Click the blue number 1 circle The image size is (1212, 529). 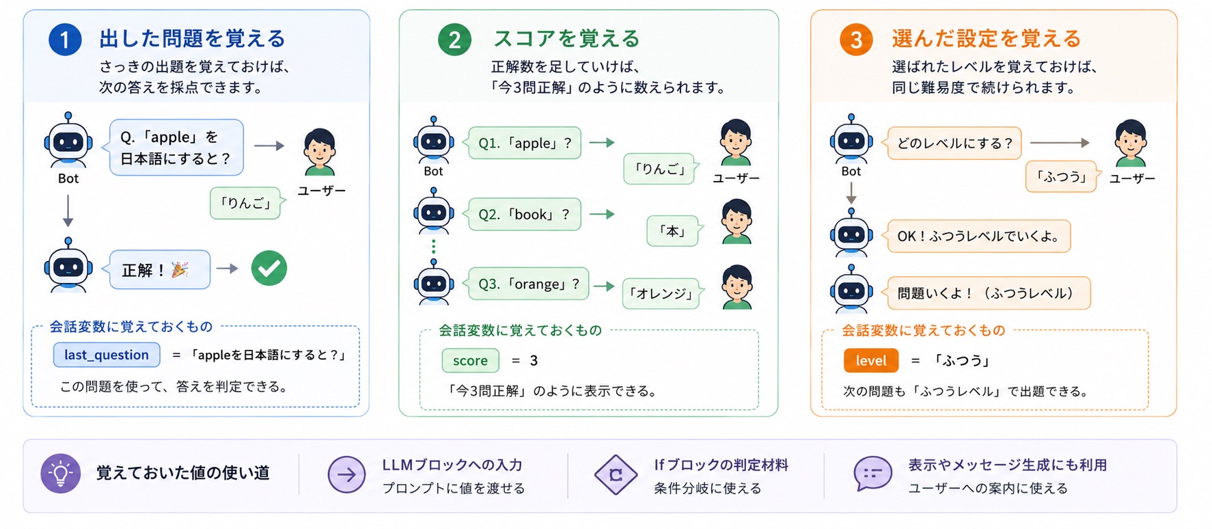pyautogui.click(x=65, y=40)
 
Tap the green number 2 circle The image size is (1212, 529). pyautogui.click(x=454, y=40)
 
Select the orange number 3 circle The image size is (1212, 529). pyautogui.click(x=856, y=40)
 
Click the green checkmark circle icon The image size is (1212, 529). pyautogui.click(x=269, y=269)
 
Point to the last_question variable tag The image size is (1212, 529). pyautogui.click(x=107, y=355)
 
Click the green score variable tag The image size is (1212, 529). pyautogui.click(x=470, y=360)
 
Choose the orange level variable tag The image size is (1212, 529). pyautogui.click(x=871, y=360)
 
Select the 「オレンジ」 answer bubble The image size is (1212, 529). pyautogui.click(x=663, y=293)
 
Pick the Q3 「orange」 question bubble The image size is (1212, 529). pyautogui.click(x=526, y=284)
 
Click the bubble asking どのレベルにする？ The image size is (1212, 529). pyautogui.click(x=952, y=143)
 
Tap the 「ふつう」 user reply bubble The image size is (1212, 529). pyautogui.click(x=1062, y=176)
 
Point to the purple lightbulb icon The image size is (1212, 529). pyautogui.click(x=61, y=474)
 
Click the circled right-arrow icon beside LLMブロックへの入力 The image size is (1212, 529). pyautogui.click(x=346, y=474)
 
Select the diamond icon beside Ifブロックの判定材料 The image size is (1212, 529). pyautogui.click(x=616, y=474)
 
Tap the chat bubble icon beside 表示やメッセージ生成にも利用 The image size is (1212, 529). pyautogui.click(x=872, y=474)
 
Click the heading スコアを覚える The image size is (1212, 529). pyautogui.click(x=566, y=39)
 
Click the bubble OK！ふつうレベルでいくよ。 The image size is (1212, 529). pyautogui.click(x=977, y=236)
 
